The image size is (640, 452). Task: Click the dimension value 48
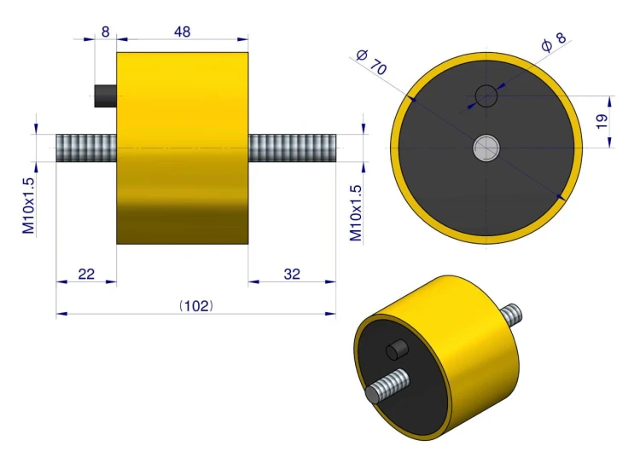tap(182, 32)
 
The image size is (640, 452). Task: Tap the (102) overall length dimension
tap(196, 306)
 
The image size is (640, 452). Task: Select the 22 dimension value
tap(86, 274)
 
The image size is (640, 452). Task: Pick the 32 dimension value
tap(292, 274)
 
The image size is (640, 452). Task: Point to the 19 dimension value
tap(602, 122)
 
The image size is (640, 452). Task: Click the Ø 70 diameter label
tap(371, 62)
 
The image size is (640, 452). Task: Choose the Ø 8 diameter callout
tap(554, 42)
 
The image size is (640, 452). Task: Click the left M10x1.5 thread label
tap(28, 206)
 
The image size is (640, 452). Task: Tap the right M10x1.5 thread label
tap(356, 212)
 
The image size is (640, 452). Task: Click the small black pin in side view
tap(105, 96)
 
